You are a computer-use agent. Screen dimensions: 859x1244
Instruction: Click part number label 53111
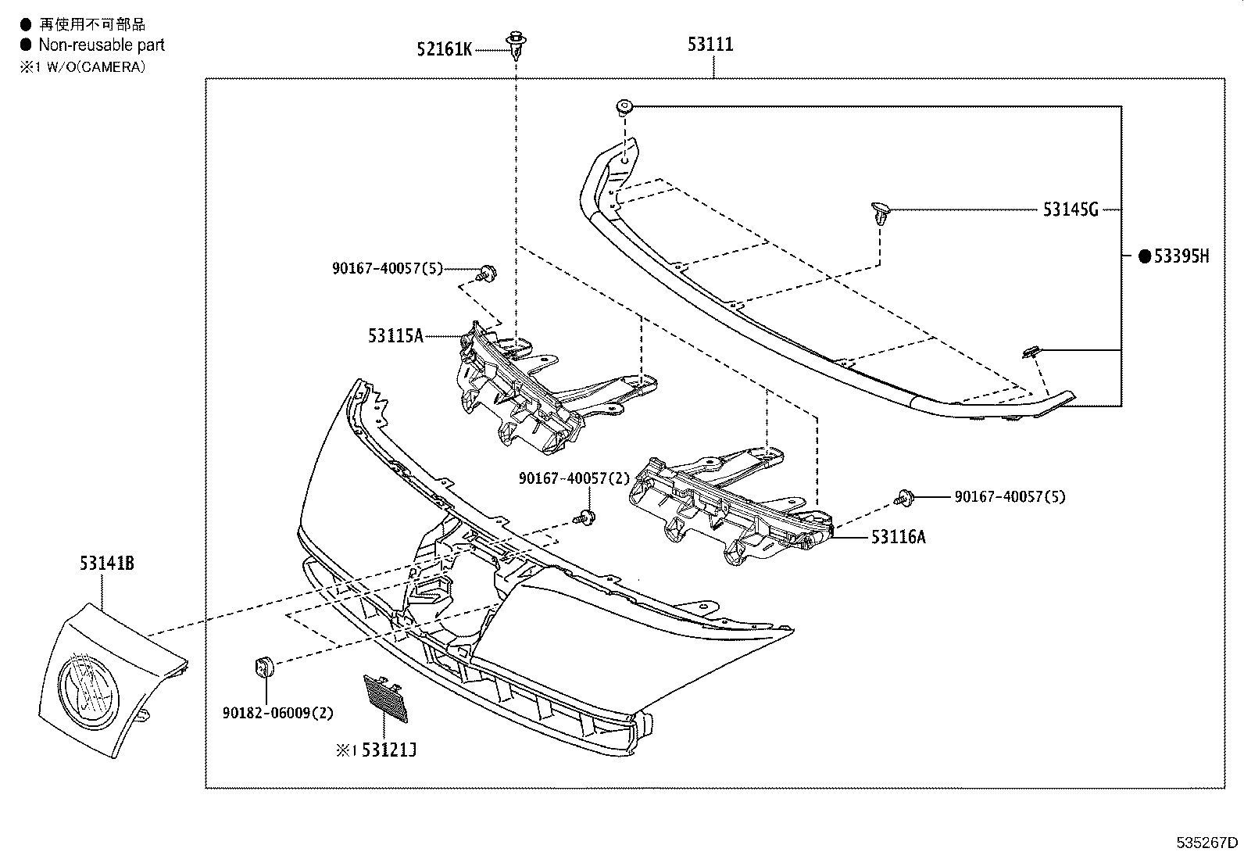pyautogui.click(x=710, y=45)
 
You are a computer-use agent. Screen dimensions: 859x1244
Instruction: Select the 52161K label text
pyautogui.click(x=444, y=50)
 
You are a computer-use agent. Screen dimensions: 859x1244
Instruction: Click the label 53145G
pyautogui.click(x=1071, y=209)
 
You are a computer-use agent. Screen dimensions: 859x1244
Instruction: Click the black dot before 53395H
pyautogui.click(x=1145, y=256)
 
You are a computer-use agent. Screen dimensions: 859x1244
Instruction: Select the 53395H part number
pyautogui.click(x=1181, y=256)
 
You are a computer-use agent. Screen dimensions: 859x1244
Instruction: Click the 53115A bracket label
pyautogui.click(x=395, y=336)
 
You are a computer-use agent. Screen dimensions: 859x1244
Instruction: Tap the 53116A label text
pyautogui.click(x=899, y=536)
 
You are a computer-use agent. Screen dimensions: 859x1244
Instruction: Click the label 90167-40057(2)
pyautogui.click(x=574, y=478)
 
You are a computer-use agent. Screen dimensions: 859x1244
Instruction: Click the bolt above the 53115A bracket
pyautogui.click(x=488, y=272)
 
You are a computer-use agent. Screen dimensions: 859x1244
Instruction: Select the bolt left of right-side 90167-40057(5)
pyautogui.click(x=905, y=496)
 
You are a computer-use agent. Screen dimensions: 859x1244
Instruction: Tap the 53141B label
pyautogui.click(x=106, y=563)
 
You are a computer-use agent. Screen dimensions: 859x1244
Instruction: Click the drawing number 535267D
pyautogui.click(x=1207, y=843)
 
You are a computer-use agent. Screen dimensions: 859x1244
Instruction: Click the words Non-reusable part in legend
pyautogui.click(x=102, y=45)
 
